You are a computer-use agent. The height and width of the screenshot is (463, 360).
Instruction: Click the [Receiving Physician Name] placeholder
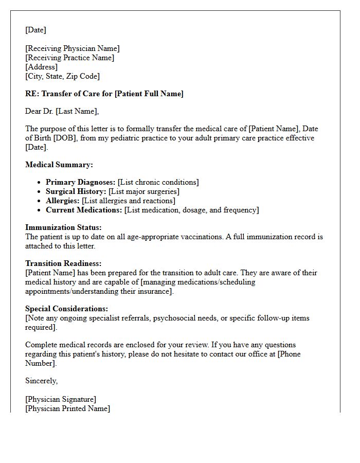(72, 48)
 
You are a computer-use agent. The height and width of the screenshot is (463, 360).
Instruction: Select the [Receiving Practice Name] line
(69, 58)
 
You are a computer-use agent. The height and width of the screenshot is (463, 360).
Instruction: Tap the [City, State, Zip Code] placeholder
(62, 76)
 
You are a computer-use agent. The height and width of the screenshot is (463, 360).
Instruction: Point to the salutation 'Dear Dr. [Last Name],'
(62, 111)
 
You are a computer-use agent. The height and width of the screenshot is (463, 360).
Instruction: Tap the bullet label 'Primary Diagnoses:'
(80, 182)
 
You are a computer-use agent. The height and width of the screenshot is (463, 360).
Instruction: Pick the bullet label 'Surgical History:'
(76, 191)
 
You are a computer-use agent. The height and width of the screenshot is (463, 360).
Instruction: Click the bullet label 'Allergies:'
(63, 201)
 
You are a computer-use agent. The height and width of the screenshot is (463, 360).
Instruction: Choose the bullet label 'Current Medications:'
(84, 210)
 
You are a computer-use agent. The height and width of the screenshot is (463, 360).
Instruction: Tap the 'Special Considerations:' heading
(66, 309)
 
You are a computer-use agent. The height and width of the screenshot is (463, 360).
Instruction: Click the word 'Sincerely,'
(41, 381)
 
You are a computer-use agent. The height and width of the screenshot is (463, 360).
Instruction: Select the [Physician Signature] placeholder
(61, 399)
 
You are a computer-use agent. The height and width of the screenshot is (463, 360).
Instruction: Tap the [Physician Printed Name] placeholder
(67, 408)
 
